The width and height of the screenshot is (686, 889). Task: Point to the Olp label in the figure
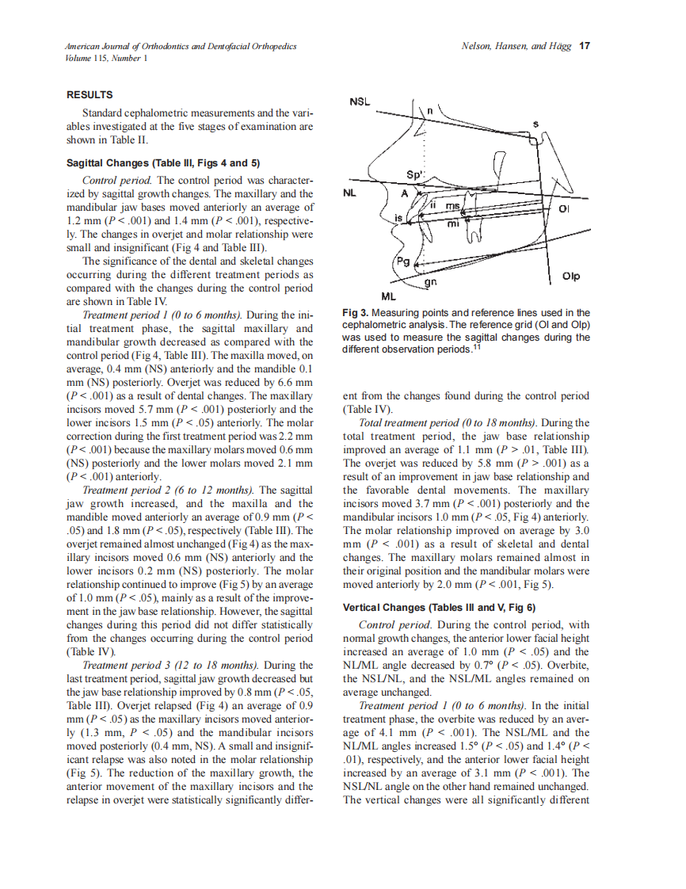(571, 277)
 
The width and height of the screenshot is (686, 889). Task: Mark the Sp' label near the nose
(415, 174)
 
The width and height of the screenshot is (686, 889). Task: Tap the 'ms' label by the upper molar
(452, 206)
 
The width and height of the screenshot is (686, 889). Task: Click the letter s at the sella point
(536, 123)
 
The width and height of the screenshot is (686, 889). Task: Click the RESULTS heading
(90, 95)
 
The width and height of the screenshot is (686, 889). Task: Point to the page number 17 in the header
(585, 46)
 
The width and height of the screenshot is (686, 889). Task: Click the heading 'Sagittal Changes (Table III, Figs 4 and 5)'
(163, 164)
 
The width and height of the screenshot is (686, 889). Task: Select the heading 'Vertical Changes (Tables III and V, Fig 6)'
(439, 608)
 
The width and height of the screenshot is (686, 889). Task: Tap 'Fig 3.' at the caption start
(355, 313)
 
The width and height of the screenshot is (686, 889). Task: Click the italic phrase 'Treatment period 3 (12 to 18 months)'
(172, 664)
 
